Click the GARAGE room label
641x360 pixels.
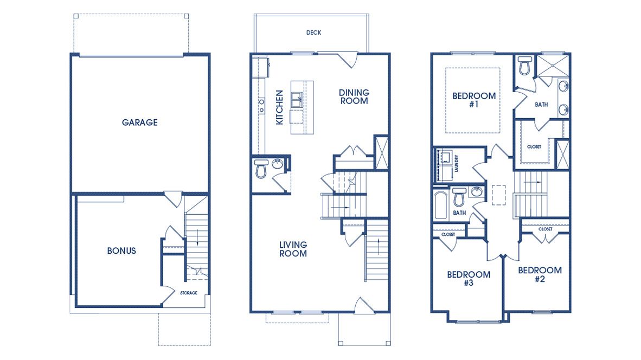(x=139, y=123)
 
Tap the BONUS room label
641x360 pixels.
(x=121, y=250)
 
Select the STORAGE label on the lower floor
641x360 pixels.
(x=189, y=293)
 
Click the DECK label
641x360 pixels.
(x=313, y=33)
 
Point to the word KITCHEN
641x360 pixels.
(x=280, y=107)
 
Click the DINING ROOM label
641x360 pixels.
(x=354, y=97)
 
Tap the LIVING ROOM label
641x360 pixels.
(x=293, y=249)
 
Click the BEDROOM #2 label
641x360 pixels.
(x=540, y=274)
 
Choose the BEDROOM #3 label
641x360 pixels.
(x=469, y=278)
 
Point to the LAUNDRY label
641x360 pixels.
(x=458, y=162)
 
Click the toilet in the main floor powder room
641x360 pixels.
(x=261, y=169)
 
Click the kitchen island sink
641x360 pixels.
(x=297, y=100)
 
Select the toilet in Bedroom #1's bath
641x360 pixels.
(x=524, y=66)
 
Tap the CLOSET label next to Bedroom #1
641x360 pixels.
(x=534, y=147)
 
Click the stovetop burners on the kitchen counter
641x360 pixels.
(x=261, y=105)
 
